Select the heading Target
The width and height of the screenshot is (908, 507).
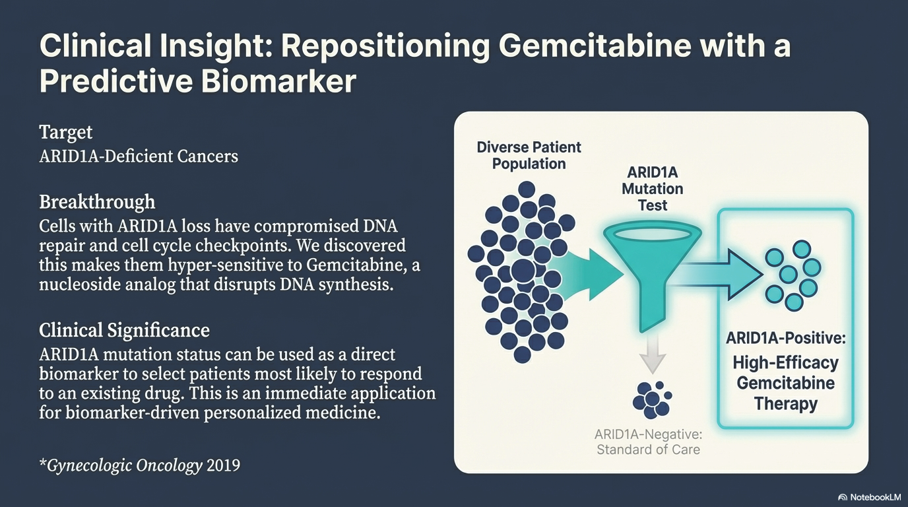click(66, 132)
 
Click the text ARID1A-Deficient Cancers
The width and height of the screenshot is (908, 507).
click(139, 156)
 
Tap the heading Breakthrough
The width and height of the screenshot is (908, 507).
click(97, 201)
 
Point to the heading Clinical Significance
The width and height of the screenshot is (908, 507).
click(124, 329)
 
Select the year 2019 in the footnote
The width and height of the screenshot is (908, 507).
click(223, 465)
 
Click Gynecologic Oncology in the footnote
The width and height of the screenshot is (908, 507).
click(125, 465)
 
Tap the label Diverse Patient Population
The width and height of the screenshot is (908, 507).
click(529, 155)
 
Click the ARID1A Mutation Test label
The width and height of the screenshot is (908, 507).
click(652, 189)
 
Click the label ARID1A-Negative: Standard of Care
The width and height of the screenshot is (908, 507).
click(647, 442)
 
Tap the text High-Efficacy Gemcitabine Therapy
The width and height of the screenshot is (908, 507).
click(786, 383)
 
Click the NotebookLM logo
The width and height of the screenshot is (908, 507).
click(868, 496)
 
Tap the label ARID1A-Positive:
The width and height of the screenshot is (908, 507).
click(786, 339)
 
